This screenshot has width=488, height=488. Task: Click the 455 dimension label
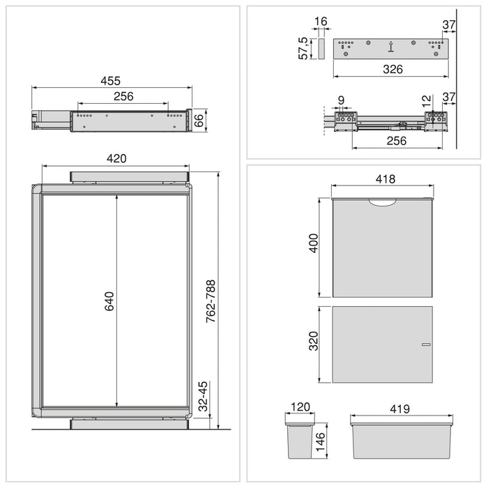coord(112,81)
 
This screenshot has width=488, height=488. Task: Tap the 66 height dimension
coord(200,119)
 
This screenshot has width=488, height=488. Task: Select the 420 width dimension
coord(116,158)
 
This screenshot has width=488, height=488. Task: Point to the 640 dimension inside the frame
coord(109,301)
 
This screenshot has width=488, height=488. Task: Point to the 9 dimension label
coord(340,100)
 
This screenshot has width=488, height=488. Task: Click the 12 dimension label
coord(427,100)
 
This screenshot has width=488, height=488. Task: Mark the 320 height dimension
coord(314,341)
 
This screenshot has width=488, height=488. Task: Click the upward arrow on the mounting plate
coord(391,47)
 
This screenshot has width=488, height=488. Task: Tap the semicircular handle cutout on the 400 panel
coord(383,203)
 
